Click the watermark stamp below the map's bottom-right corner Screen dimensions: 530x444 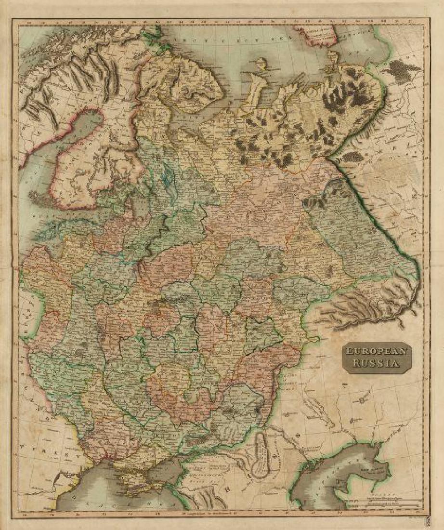427,521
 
